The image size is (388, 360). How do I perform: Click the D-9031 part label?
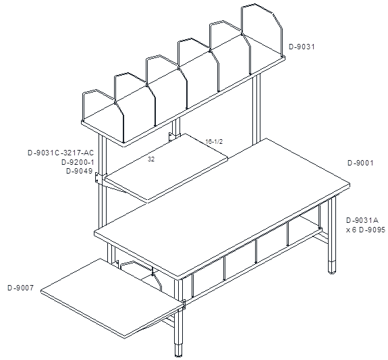[302, 47]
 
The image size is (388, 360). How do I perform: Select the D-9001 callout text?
[360, 163]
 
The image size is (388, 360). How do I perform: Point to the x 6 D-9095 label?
[366, 230]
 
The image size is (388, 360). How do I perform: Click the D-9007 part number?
[20, 288]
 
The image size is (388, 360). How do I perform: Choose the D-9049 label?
[80, 171]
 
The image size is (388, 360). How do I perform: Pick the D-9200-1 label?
[78, 162]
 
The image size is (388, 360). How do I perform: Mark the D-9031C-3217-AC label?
[61, 153]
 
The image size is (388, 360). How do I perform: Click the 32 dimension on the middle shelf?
[151, 159]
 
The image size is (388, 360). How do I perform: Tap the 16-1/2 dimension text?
[215, 142]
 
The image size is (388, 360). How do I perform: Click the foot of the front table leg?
[178, 350]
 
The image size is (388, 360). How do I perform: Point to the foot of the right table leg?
[332, 267]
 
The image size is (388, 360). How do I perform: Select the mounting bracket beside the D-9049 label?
[99, 178]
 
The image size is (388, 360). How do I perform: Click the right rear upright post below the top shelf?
[256, 109]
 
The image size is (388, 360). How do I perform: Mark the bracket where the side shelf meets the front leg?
[184, 305]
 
